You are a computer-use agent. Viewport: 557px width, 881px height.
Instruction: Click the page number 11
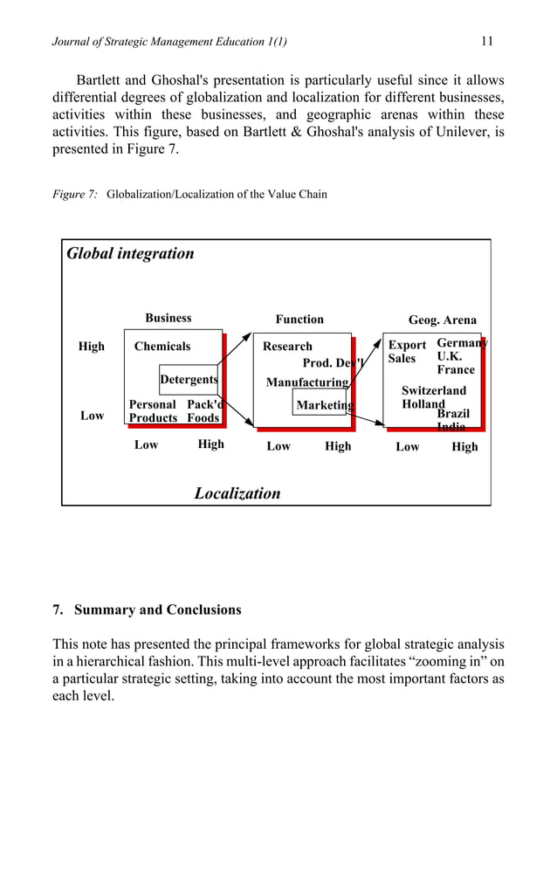[487, 40]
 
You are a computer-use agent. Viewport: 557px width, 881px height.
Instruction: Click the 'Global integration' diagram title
[130, 253]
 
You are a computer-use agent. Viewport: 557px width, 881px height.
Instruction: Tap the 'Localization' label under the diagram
[237, 492]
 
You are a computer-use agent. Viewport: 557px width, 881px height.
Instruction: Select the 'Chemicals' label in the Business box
[162, 347]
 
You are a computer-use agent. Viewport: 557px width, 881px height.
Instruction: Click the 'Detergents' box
[189, 380]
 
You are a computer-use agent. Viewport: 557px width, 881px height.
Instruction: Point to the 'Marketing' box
[324, 405]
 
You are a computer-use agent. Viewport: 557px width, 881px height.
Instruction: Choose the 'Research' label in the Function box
[287, 347]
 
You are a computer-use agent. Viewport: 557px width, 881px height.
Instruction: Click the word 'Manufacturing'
[307, 382]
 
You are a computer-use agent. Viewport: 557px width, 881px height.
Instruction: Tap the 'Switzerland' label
[434, 391]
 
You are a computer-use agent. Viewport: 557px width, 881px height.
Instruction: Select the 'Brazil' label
[453, 413]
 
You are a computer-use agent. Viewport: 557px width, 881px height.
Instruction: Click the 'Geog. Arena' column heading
[443, 320]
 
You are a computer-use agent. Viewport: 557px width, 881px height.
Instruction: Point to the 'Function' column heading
[299, 320]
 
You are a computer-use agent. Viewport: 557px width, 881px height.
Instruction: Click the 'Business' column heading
[168, 319]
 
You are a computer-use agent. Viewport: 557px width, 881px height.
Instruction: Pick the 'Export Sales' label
[406, 352]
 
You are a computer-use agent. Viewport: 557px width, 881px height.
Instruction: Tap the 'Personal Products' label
[153, 411]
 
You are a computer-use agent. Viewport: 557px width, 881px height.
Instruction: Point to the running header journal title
[171, 41]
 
